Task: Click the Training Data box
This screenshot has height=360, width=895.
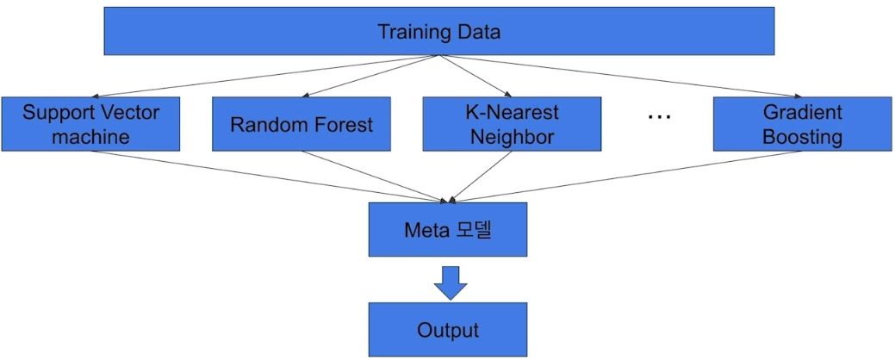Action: point(439,33)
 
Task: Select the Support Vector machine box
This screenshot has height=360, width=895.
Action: point(90,124)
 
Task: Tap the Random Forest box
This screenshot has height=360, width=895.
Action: point(301,124)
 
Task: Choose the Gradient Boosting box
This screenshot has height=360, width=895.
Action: point(802,124)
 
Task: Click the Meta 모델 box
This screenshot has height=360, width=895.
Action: point(448,230)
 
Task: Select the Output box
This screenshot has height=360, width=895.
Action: point(448,330)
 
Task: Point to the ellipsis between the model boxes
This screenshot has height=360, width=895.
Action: point(658,117)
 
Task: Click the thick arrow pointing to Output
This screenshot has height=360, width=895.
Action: point(450,282)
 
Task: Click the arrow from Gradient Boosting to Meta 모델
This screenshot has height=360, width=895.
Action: point(620,177)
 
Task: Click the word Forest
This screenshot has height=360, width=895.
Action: point(342,125)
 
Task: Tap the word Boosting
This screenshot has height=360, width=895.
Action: point(802,136)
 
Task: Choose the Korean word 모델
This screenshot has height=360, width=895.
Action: point(470,230)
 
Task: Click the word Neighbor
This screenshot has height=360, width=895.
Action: point(512,136)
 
